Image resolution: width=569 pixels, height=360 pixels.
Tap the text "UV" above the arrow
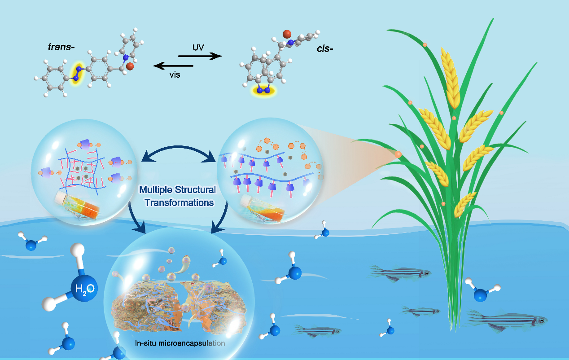[198, 48]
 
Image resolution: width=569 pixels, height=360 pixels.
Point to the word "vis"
[175, 75]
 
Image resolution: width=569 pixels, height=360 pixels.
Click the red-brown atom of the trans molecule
[130, 66]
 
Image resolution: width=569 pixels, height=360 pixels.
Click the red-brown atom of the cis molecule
[287, 34]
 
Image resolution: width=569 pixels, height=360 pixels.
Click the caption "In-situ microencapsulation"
[180, 343]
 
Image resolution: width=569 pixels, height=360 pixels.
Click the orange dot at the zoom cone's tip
[398, 154]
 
